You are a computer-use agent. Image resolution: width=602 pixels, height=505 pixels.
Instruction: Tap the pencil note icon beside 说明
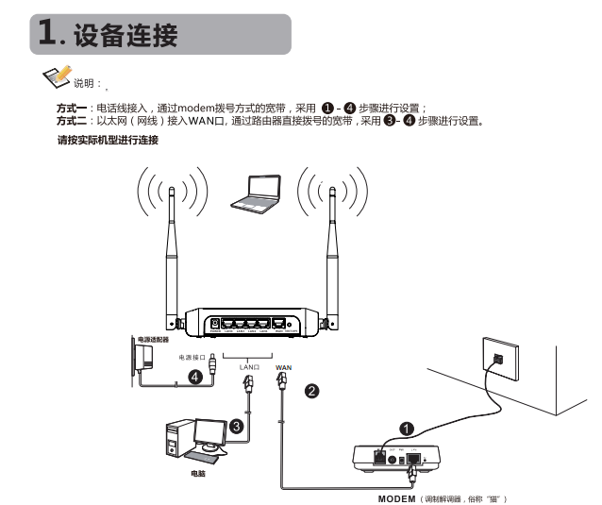coord(58,77)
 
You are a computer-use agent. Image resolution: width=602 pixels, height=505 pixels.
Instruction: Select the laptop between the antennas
coord(256,193)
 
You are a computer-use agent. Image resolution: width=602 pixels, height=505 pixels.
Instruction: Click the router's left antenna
coord(174,255)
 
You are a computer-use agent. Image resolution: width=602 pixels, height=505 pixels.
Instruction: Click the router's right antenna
coord(333,255)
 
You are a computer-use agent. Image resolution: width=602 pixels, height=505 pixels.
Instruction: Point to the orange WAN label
coord(283,367)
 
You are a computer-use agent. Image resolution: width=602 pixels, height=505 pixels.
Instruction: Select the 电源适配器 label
coord(153,337)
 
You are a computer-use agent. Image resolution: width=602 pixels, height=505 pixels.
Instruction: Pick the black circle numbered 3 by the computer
coord(237,427)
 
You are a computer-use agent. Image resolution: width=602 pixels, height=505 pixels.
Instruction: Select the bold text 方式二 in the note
coord(72,121)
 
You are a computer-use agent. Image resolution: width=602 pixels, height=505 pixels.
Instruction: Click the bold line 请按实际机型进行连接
coord(108,141)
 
